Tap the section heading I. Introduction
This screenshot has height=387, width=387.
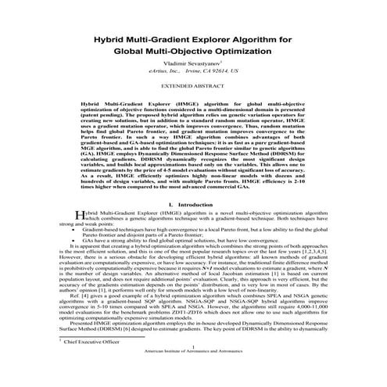coord(193,204)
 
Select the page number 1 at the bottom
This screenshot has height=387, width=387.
coord(193,370)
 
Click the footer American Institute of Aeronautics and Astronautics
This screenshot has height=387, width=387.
coord(193,376)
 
